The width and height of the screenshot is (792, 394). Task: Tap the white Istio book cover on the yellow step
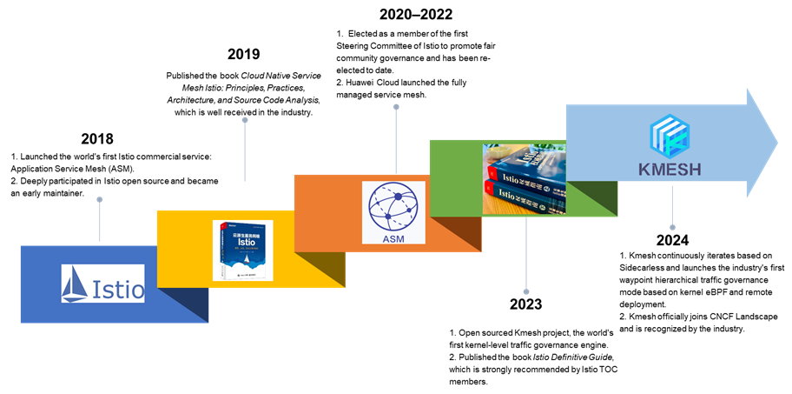242,250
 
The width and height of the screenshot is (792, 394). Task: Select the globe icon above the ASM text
393,205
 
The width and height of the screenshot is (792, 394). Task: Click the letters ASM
393,235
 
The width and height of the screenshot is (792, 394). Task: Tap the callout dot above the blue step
100,200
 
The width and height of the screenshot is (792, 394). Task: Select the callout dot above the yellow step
245,119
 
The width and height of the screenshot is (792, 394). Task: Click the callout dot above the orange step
396,107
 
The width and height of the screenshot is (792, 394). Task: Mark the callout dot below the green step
525,291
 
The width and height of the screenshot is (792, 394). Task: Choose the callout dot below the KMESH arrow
672,227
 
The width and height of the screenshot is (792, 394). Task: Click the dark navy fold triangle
187,304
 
